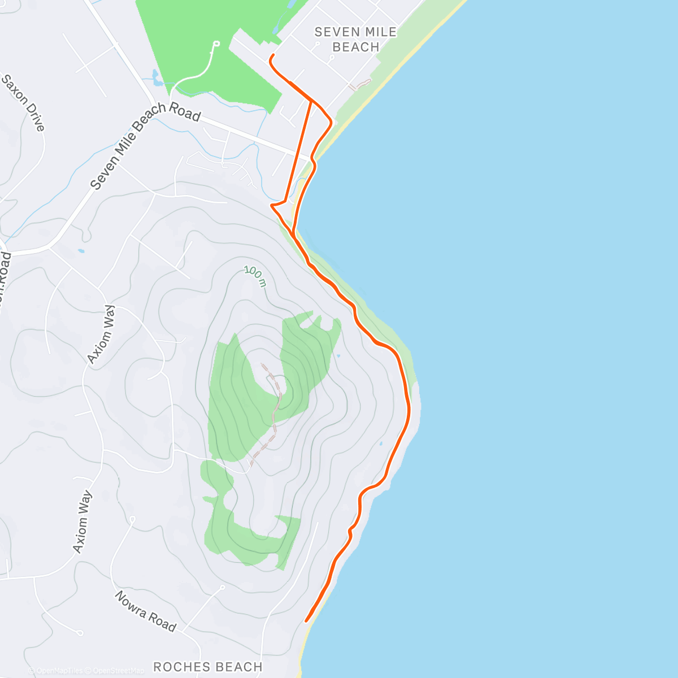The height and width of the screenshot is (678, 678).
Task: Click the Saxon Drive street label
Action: [x=23, y=102]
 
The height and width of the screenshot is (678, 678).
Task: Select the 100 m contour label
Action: [x=255, y=276]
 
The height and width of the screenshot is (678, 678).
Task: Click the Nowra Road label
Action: [x=146, y=611]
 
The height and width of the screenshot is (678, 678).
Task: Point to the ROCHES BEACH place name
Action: [x=208, y=667]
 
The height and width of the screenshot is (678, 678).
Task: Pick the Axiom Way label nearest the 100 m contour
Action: [x=101, y=334]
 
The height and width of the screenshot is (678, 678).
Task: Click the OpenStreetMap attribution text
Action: [x=118, y=671]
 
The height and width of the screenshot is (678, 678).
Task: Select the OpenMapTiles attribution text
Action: [x=59, y=671]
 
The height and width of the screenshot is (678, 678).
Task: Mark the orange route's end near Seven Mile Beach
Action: [x=273, y=55]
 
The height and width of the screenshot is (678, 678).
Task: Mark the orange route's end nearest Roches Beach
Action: [x=306, y=620]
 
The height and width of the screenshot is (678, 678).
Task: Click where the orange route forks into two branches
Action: [x=311, y=101]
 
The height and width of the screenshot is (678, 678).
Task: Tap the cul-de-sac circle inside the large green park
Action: [x=216, y=44]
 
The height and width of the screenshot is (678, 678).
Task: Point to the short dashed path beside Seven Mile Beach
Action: [x=360, y=85]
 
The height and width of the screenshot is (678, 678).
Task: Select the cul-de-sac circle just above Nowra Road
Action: [x=223, y=588]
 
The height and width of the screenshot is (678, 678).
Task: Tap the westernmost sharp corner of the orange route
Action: [x=272, y=206]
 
